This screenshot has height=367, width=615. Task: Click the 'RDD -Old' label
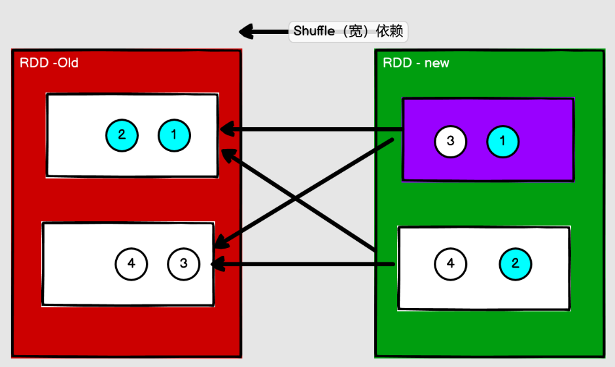coord(50,63)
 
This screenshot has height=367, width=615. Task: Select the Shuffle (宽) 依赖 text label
coord(351,31)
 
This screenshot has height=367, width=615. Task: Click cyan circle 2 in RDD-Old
coord(122,135)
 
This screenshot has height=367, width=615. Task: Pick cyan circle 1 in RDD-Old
coord(174,135)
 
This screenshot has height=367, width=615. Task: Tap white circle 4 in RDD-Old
coord(132,264)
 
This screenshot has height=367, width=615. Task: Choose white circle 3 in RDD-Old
coord(184,264)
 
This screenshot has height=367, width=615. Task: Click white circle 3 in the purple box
coord(450,141)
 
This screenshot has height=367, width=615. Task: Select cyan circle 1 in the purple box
coord(502,141)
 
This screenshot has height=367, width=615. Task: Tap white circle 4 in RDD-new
coord(450,264)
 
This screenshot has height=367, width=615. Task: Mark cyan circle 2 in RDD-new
coord(516,264)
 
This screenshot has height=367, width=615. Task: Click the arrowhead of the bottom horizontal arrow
coord(216,264)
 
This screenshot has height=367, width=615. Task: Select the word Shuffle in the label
coord(315,31)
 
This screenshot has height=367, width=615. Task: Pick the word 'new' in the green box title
coord(437,63)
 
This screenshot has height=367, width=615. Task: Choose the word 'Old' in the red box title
coord(67,63)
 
